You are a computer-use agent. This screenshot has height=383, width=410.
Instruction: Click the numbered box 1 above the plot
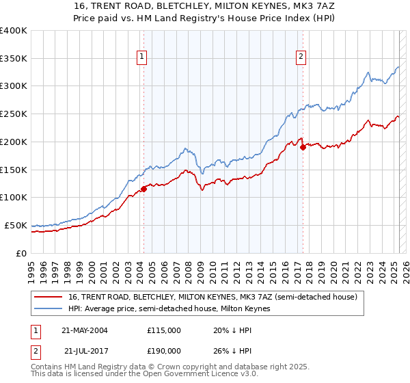(x=142, y=57)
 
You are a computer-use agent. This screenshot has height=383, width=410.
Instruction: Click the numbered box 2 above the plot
(x=301, y=57)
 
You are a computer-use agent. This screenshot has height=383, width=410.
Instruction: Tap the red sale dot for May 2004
(x=143, y=189)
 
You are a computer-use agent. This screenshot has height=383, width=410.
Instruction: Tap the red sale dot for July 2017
(x=303, y=146)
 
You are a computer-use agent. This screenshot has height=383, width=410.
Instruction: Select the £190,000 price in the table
(x=164, y=351)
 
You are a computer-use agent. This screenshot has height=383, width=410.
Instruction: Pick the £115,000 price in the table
(x=164, y=330)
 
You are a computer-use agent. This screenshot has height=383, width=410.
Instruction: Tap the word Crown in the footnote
(x=169, y=368)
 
